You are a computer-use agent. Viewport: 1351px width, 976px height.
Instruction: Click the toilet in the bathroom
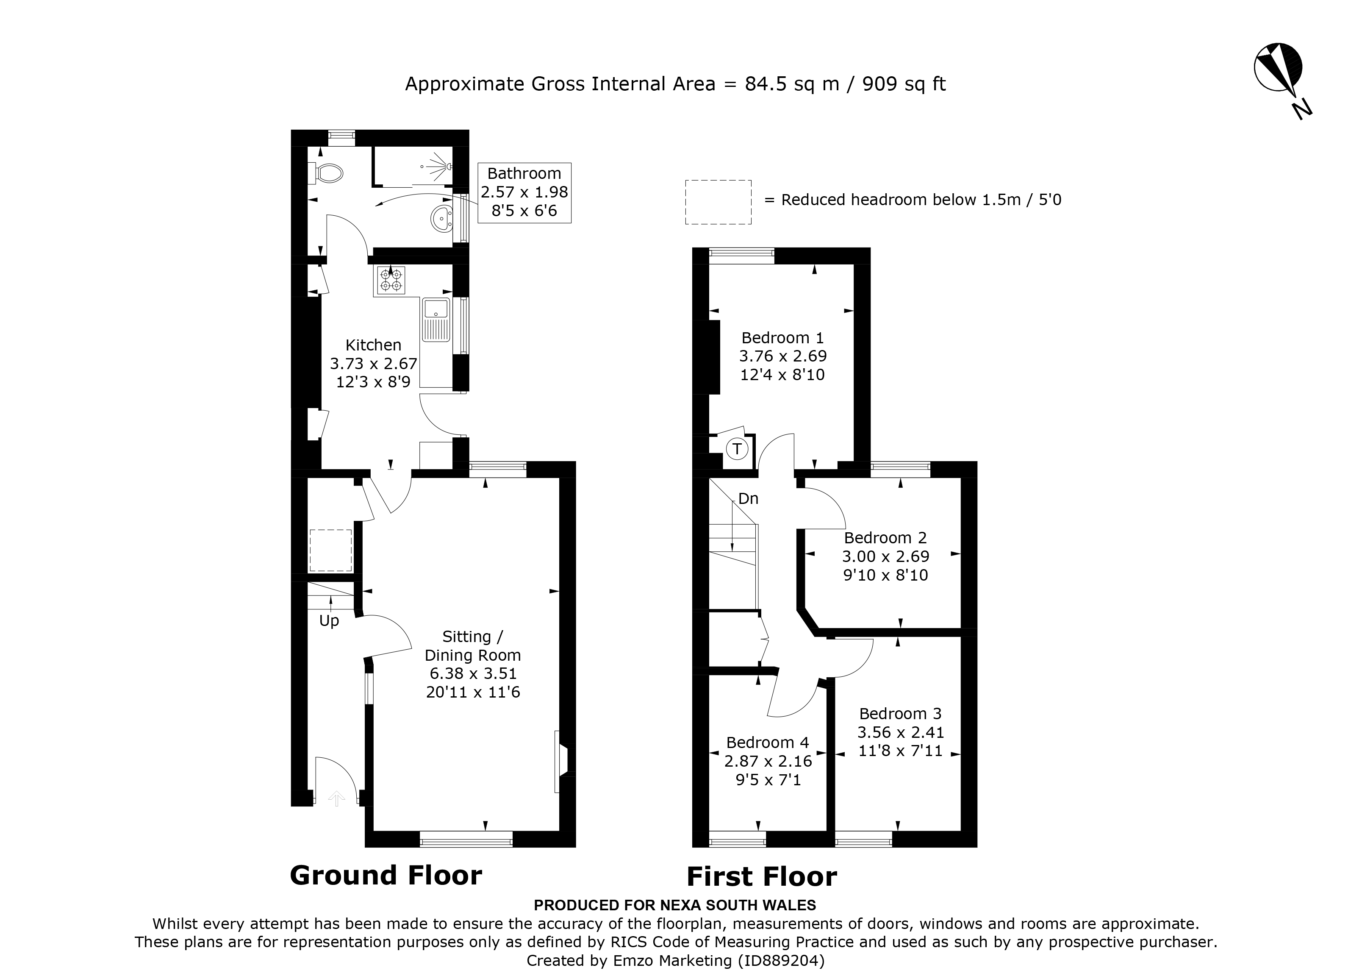(x=327, y=173)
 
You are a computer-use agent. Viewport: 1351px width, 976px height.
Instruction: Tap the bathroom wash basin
(x=441, y=218)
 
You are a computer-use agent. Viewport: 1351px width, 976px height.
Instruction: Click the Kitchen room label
(x=374, y=345)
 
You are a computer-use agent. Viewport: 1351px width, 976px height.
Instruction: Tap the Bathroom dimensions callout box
(x=524, y=192)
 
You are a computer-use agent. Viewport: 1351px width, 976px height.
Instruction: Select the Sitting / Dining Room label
(x=473, y=646)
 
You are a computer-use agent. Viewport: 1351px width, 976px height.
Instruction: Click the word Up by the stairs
(x=329, y=621)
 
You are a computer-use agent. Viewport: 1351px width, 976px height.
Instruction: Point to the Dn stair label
(x=748, y=499)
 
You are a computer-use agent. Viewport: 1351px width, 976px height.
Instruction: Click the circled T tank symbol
(x=738, y=449)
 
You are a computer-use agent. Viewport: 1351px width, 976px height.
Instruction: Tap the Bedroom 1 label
(x=782, y=338)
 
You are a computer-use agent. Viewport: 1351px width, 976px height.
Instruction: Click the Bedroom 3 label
(x=900, y=713)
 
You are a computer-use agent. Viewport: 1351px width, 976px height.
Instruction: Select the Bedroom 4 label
(x=767, y=742)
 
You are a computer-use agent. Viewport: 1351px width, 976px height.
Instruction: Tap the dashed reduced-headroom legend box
(x=718, y=202)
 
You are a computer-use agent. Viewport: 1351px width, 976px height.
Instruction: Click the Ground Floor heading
(x=386, y=875)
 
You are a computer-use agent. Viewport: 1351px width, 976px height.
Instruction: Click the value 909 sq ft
(x=904, y=84)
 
